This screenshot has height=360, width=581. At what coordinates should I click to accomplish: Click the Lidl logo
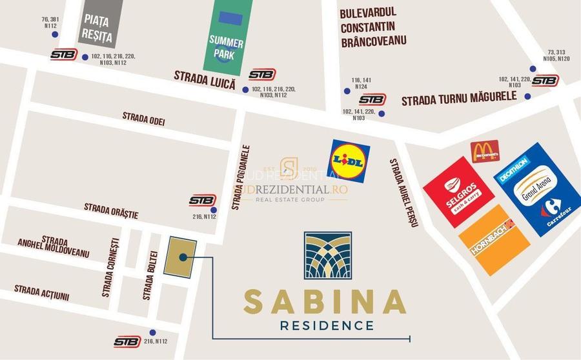pyautogui.click(x=350, y=161)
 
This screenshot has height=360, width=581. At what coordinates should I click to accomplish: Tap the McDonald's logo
pyautogui.click(x=485, y=152)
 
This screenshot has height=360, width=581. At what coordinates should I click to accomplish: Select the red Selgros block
pyautogui.click(x=458, y=192)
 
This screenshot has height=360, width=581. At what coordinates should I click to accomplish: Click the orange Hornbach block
pyautogui.click(x=494, y=240)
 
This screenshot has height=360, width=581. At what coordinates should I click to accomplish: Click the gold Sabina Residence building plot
pyautogui.click(x=180, y=257)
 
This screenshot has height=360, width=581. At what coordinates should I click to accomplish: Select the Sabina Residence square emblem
pyautogui.click(x=328, y=255)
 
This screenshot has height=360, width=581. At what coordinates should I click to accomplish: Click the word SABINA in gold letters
pyautogui.click(x=325, y=301)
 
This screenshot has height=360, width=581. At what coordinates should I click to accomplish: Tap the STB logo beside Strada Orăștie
pyautogui.click(x=203, y=201)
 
